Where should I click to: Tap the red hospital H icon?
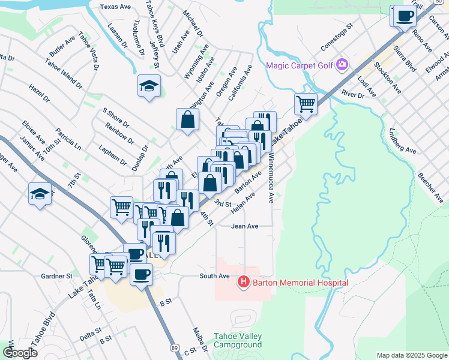click(243, 281)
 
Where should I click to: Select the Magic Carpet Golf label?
click(302, 64)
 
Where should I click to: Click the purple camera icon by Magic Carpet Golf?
click(343, 64)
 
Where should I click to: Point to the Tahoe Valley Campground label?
click(238, 340)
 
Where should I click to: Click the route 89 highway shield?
click(173, 347)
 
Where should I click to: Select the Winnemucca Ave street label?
click(271, 178)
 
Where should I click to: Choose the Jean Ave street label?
click(244, 226)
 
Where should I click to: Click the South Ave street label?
click(215, 276)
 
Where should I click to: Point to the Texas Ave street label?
click(116, 7)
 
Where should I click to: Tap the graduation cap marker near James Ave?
click(40, 194)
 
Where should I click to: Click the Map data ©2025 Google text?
click(411, 355)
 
